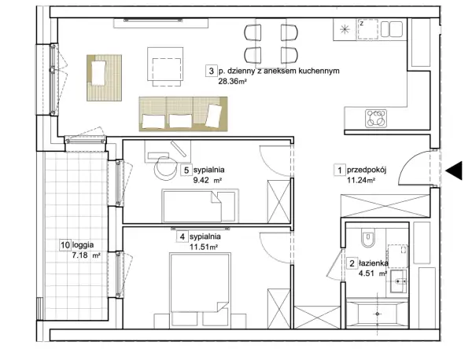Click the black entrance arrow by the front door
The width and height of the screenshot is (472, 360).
454,171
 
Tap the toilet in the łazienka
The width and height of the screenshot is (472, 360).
367,239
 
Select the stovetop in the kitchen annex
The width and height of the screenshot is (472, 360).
376,118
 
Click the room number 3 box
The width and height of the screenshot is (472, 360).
211,71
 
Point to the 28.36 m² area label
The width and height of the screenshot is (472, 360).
232,81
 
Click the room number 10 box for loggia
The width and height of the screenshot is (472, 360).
65,244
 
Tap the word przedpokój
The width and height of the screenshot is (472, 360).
367,171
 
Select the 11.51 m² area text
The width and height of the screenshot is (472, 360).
204,247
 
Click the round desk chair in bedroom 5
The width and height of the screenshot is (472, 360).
165,168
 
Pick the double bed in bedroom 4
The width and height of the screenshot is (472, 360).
200,290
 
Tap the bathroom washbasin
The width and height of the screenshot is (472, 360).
399,281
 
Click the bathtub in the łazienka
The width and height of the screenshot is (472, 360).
377,314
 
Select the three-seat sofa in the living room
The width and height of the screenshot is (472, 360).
183,114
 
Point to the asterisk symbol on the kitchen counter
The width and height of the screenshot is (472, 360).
345,29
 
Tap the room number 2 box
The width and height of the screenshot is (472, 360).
352,264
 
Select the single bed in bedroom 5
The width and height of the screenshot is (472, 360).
200,206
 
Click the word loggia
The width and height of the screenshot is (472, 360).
83,245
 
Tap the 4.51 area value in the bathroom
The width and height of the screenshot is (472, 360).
367,274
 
